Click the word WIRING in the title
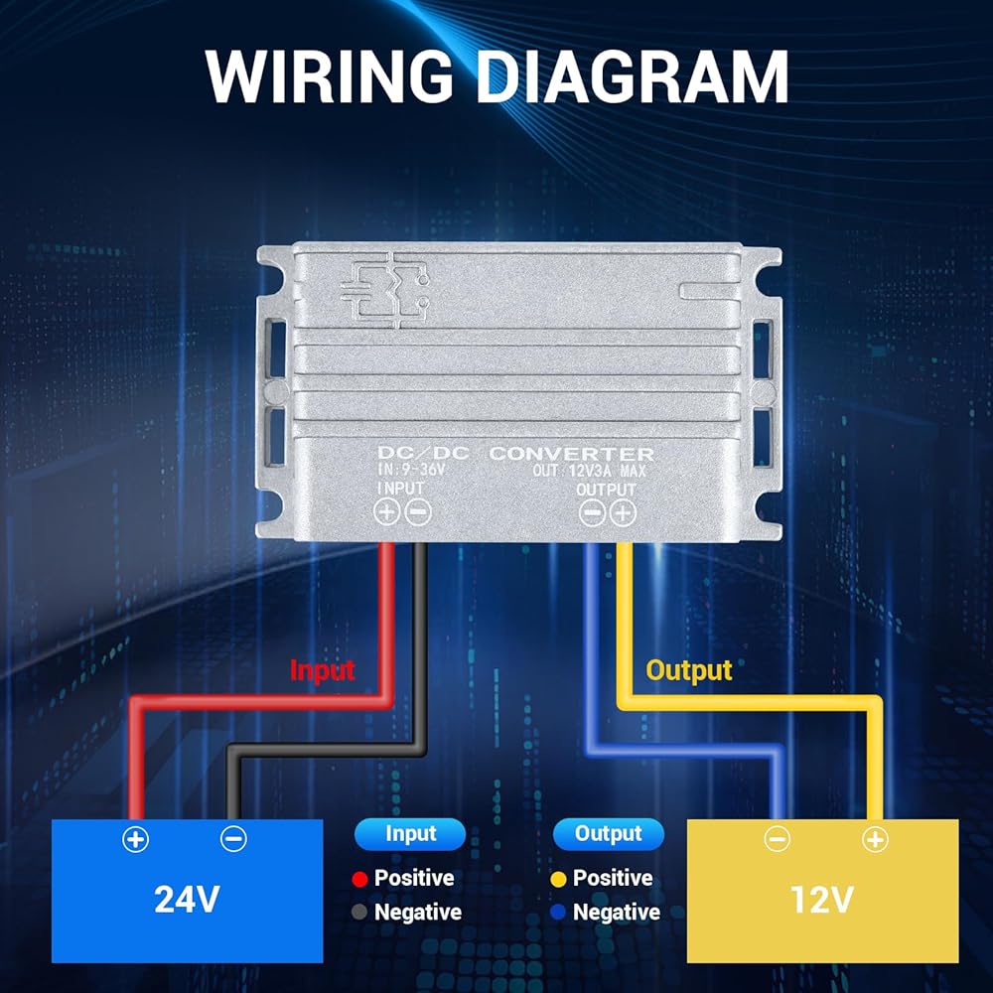[328, 75]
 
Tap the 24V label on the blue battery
[187, 899]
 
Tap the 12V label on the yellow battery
[822, 900]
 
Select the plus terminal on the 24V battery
[135, 840]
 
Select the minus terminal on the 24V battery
[233, 839]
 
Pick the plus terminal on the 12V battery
[875, 840]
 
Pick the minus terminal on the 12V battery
[778, 839]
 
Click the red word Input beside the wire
[322, 670]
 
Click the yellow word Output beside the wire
[689, 670]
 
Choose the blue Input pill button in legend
[410, 834]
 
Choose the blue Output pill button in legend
[609, 834]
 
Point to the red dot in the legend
[359, 879]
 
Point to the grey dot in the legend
[359, 912]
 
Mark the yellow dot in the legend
[558, 879]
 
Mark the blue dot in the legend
[558, 912]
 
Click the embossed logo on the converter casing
[385, 291]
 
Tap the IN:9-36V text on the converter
[412, 470]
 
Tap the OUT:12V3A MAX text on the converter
[589, 471]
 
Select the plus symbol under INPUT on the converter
[386, 511]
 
